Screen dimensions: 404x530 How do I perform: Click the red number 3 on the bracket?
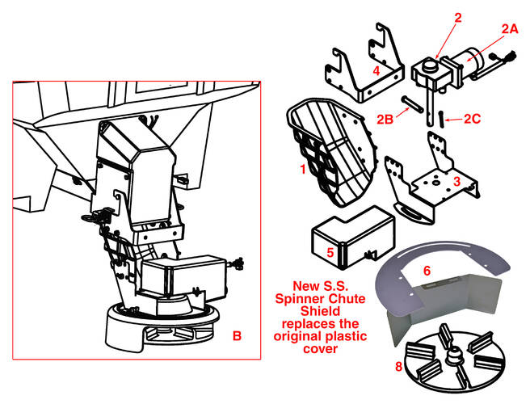click(x=457, y=183)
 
